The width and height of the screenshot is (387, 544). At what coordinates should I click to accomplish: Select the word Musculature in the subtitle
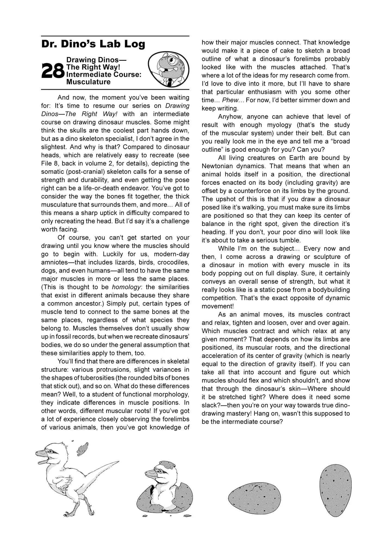(x=88, y=82)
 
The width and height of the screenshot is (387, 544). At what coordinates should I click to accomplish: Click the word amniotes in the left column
(x=53, y=262)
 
